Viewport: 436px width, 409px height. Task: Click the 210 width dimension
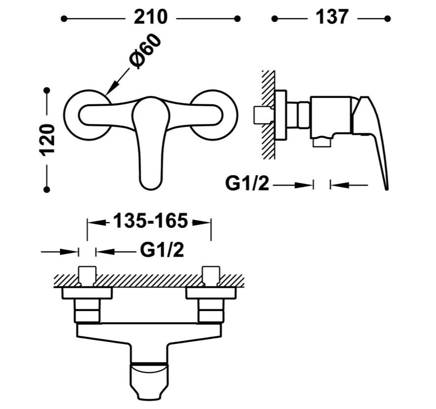coord(151,17)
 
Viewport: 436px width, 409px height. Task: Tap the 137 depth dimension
coord(332,17)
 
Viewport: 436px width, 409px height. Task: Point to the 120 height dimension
coord(48,140)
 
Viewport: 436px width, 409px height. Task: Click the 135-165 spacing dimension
coord(150,221)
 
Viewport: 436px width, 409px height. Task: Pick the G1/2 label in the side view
coord(247,184)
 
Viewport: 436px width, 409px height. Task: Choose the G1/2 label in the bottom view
coord(162,250)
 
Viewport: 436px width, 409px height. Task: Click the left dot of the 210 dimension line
coord(64,19)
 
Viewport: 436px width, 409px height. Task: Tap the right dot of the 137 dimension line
coord(387,19)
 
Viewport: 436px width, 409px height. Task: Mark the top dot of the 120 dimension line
coord(47,91)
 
